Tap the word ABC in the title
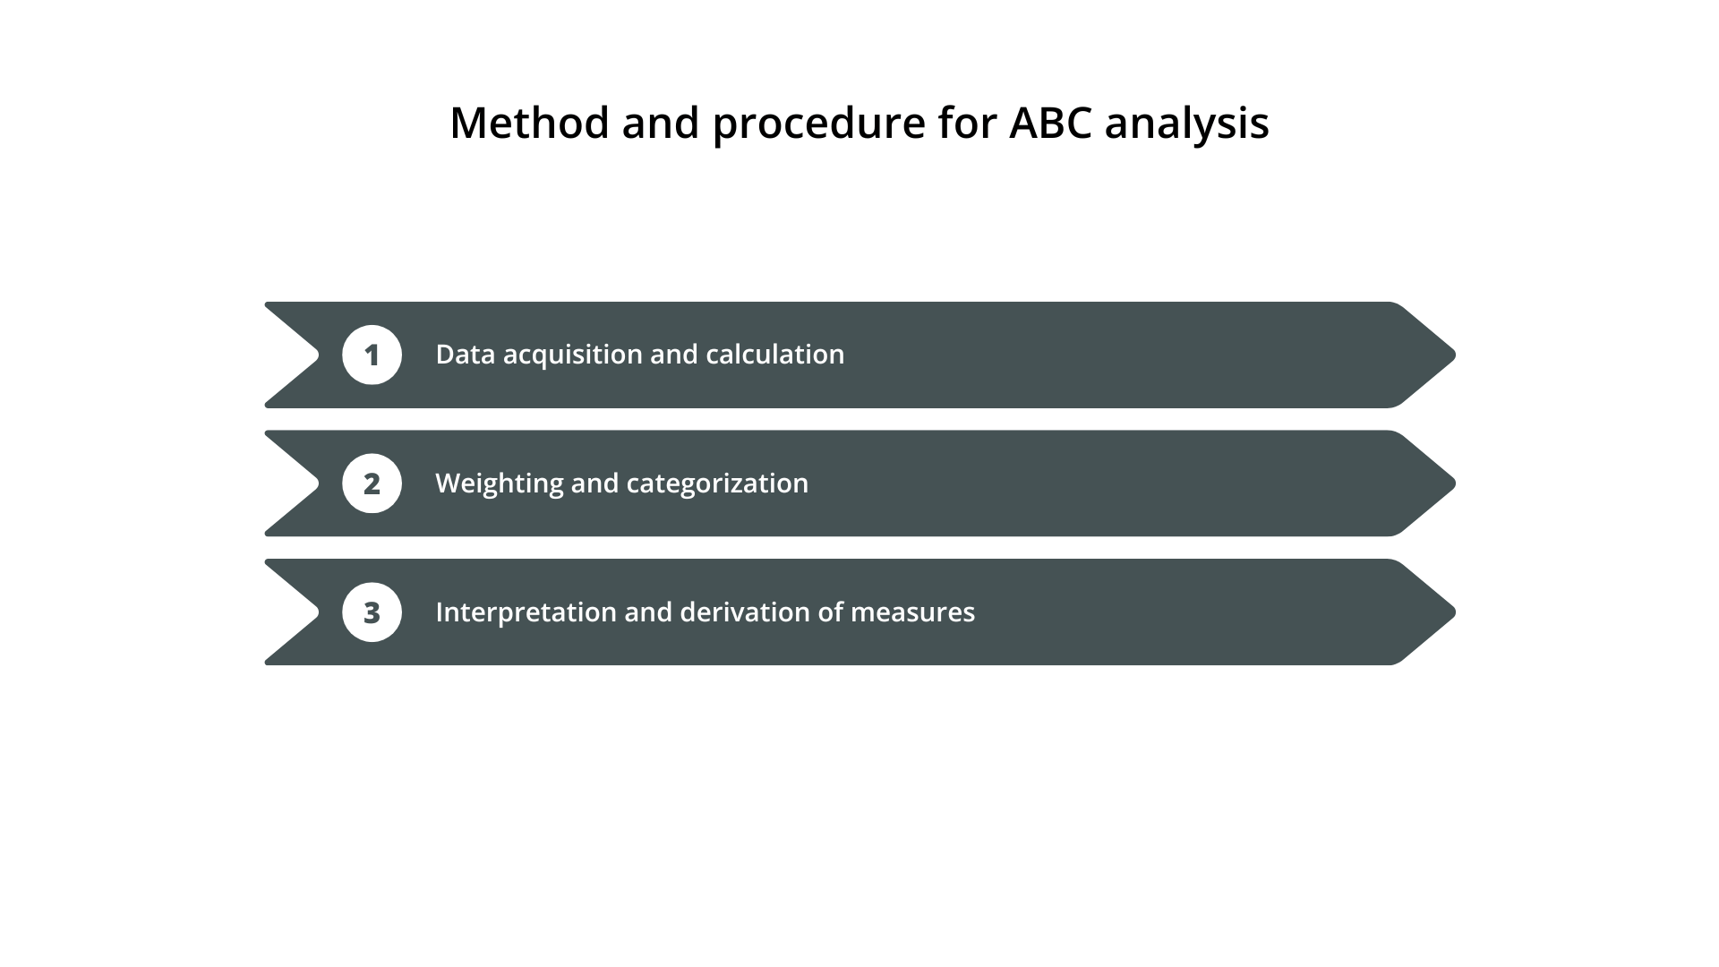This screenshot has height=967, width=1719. (x=1050, y=123)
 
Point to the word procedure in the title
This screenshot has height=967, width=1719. (x=818, y=124)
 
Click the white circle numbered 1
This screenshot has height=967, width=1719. (x=372, y=355)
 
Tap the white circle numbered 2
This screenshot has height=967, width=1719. (x=372, y=483)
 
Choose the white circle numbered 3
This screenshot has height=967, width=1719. (x=372, y=612)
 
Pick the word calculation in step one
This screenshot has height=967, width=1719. (x=774, y=355)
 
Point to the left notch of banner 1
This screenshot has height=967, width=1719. (x=309, y=355)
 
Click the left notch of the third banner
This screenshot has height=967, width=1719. (x=309, y=612)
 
